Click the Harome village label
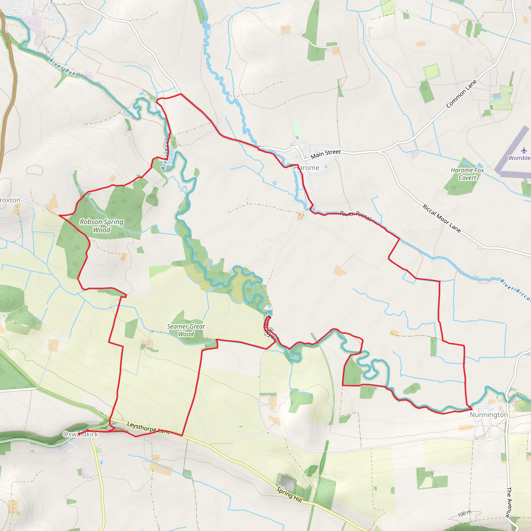click(x=306, y=168)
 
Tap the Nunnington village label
click(x=489, y=415)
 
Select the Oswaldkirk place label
click(x=80, y=434)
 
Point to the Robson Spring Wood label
click(x=102, y=226)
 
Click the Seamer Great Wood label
click(x=186, y=330)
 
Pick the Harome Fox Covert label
click(x=467, y=174)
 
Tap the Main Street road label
click(x=326, y=154)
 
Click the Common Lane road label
click(x=462, y=94)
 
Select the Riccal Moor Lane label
click(x=441, y=219)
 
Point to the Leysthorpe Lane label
click(x=148, y=428)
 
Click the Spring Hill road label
click(x=289, y=495)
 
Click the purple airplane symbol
click(x=524, y=150)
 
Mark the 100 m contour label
click(x=464, y=513)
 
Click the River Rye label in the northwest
click(x=62, y=67)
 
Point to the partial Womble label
click(x=519, y=158)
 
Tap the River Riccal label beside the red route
click(x=356, y=215)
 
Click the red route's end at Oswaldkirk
click(x=79, y=434)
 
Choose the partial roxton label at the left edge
click(x=10, y=200)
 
